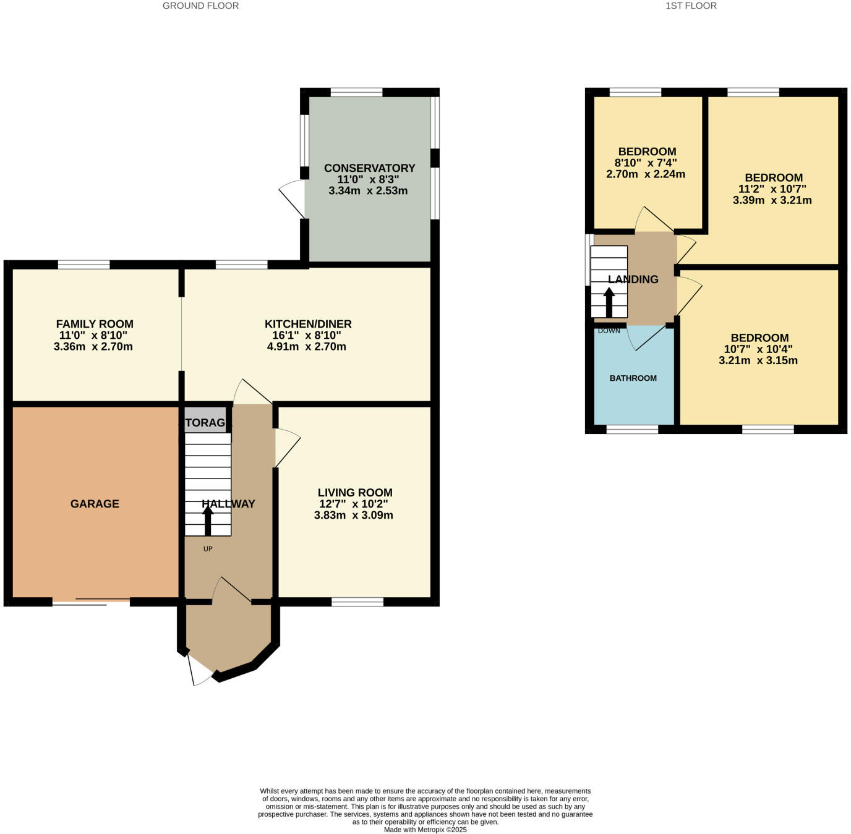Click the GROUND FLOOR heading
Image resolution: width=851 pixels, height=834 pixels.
[200, 6]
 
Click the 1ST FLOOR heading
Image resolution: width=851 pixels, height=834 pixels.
[691, 6]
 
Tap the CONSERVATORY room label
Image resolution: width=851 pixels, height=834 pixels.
[369, 168]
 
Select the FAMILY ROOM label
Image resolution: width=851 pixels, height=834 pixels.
[95, 324]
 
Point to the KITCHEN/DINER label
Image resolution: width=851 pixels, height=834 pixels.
[308, 324]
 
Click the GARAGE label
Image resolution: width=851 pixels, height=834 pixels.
[95, 504]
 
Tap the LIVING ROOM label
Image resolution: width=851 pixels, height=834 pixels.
[355, 493]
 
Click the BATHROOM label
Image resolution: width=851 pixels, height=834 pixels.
[633, 378]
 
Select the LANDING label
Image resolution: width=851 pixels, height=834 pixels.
[633, 279]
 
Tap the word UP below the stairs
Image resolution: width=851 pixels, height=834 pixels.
[208, 549]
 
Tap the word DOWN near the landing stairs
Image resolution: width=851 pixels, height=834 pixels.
[609, 331]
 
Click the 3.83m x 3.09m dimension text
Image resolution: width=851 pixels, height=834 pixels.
[353, 515]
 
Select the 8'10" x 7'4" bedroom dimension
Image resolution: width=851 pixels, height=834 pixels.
[646, 163]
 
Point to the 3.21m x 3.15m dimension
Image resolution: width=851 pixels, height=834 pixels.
[758, 360]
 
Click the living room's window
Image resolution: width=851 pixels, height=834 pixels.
[357, 602]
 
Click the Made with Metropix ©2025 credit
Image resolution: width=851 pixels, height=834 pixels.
[425, 830]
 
